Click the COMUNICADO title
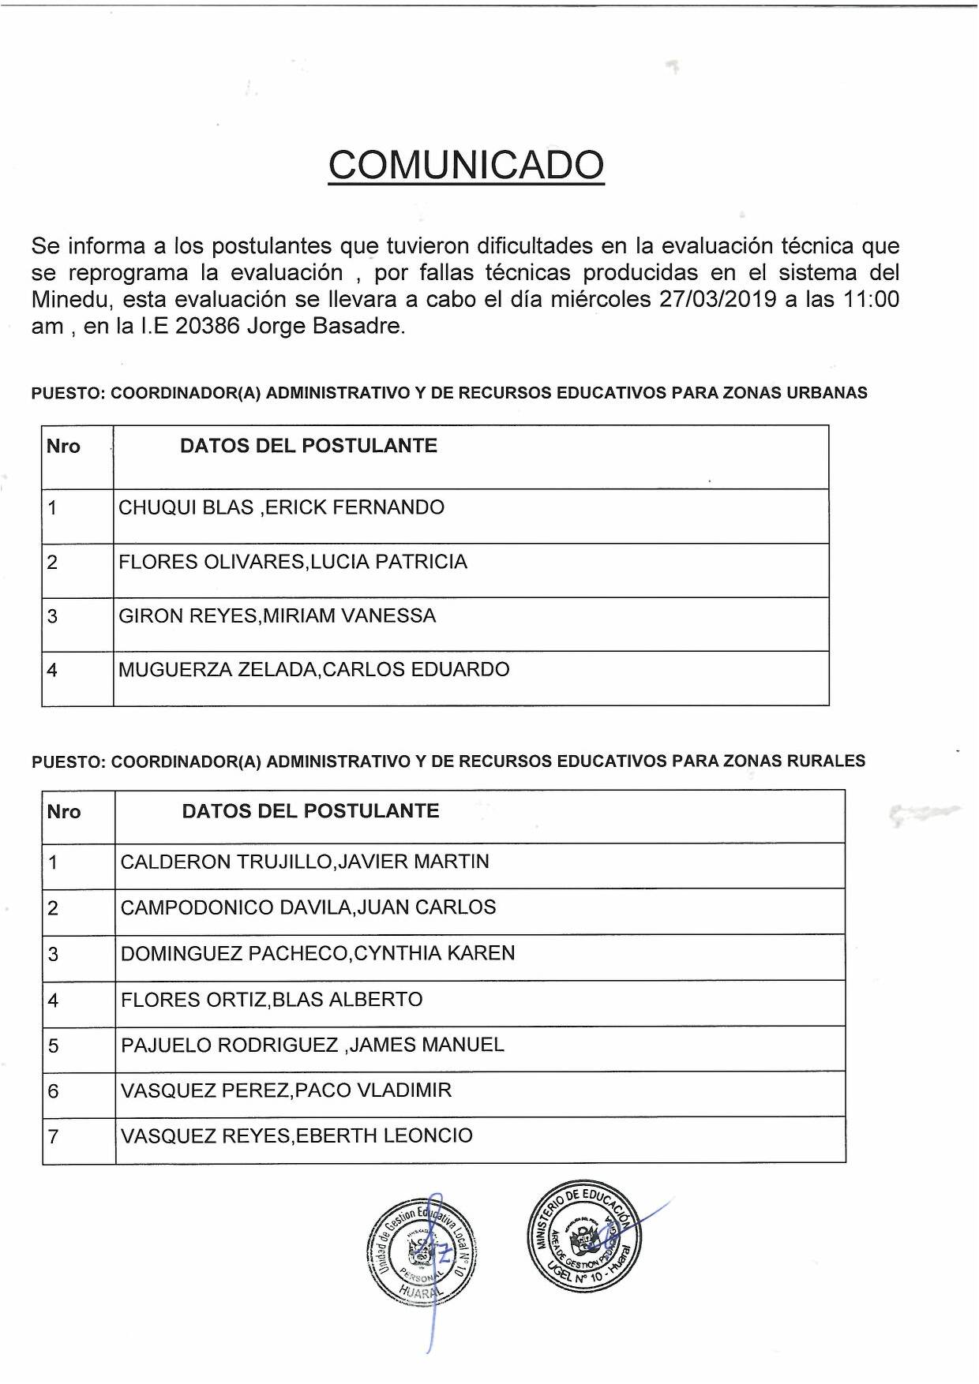tap(466, 165)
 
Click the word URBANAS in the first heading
tap(827, 393)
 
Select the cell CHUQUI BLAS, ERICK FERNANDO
tap(281, 507)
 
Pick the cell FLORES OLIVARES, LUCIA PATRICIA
tap(293, 562)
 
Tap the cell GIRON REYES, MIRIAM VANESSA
tap(277, 615)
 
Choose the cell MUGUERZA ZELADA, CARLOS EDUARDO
tap(314, 670)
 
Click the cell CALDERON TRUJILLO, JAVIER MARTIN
tap(305, 862)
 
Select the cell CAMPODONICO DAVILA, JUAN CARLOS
tap(308, 907)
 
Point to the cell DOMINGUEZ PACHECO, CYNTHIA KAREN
tap(317, 953)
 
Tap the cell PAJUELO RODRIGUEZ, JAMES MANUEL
tap(312, 1045)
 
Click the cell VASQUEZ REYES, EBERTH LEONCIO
tap(296, 1136)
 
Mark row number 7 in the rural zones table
tap(54, 1137)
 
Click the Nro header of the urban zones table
tap(63, 447)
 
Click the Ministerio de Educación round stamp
tap(584, 1237)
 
